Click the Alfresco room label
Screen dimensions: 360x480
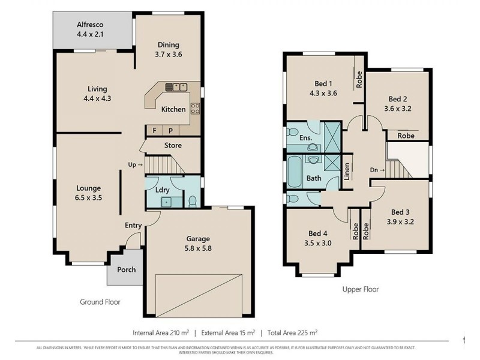click(91, 30)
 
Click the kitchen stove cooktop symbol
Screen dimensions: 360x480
click(195, 109)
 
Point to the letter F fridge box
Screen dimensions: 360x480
click(155, 130)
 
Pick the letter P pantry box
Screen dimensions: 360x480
click(170, 130)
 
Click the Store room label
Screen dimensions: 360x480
click(173, 145)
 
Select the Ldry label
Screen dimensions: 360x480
click(162, 190)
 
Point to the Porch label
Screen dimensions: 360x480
click(126, 269)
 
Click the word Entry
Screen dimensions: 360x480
click(133, 225)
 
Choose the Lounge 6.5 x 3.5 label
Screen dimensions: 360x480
click(88, 193)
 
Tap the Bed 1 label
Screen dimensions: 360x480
click(323, 88)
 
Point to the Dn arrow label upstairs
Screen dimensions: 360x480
click(377, 170)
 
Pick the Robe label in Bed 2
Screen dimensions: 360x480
click(406, 136)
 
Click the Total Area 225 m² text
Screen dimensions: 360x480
click(292, 332)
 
